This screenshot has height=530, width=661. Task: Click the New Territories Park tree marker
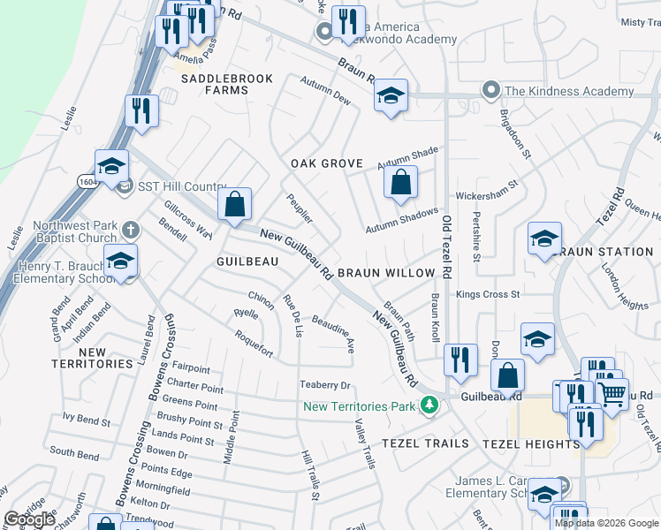point(429,405)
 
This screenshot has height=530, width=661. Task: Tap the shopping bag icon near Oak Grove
point(400,183)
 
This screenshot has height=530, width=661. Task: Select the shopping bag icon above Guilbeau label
point(235,204)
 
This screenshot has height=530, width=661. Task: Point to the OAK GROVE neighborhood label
point(327,163)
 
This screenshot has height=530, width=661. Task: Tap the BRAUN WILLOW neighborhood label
point(386,273)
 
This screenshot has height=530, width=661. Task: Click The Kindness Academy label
point(556,91)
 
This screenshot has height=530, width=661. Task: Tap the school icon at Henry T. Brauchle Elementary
point(120,261)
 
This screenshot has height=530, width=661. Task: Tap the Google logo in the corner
point(29,519)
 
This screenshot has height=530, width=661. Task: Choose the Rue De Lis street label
point(293,316)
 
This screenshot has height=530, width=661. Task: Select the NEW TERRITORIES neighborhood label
point(92,358)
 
